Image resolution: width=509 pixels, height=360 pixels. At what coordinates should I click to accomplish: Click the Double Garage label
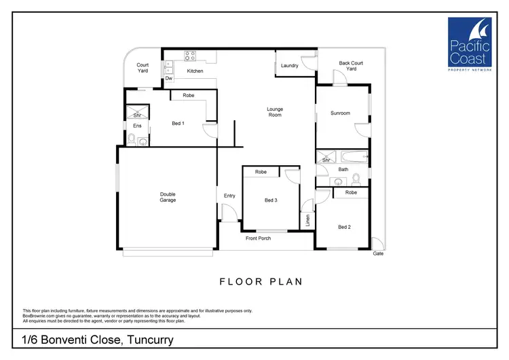(168, 198)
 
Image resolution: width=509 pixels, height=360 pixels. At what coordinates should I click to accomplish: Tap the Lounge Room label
(274, 112)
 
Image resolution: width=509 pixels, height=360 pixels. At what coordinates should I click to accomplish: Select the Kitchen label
(195, 71)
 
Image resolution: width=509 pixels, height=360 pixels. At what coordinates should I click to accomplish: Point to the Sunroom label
(340, 113)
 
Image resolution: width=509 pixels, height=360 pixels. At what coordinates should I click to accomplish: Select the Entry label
(229, 196)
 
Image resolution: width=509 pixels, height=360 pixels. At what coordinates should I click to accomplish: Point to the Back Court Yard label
(351, 66)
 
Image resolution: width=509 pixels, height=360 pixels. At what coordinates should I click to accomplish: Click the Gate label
(378, 253)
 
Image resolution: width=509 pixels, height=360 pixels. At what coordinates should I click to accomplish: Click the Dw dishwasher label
(168, 79)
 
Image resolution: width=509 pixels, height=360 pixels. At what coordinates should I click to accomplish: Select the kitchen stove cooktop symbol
(191, 56)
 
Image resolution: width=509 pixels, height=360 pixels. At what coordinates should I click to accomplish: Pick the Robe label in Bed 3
(261, 173)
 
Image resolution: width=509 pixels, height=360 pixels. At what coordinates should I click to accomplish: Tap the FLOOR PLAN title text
(261, 281)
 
